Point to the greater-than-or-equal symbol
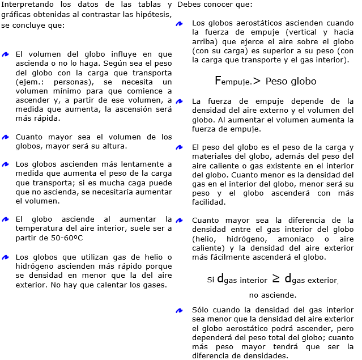(276, 278)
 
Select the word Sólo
(201, 311)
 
